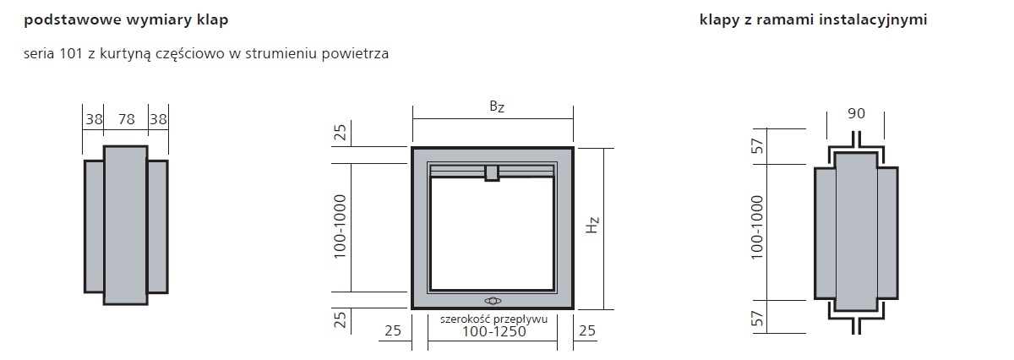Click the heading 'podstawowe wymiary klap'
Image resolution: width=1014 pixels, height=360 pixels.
tap(126, 20)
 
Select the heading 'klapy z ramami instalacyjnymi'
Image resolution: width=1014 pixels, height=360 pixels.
tap(813, 20)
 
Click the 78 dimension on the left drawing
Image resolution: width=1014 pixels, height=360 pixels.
tap(126, 119)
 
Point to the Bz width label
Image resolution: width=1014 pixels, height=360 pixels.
tap(497, 106)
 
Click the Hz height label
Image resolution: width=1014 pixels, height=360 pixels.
tap(592, 225)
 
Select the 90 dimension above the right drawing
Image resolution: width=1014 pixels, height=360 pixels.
tap(856, 113)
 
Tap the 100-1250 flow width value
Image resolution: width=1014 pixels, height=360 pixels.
tap(493, 331)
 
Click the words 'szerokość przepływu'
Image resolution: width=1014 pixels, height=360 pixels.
tap(493, 319)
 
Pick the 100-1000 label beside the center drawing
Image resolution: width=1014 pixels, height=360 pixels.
tap(340, 226)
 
